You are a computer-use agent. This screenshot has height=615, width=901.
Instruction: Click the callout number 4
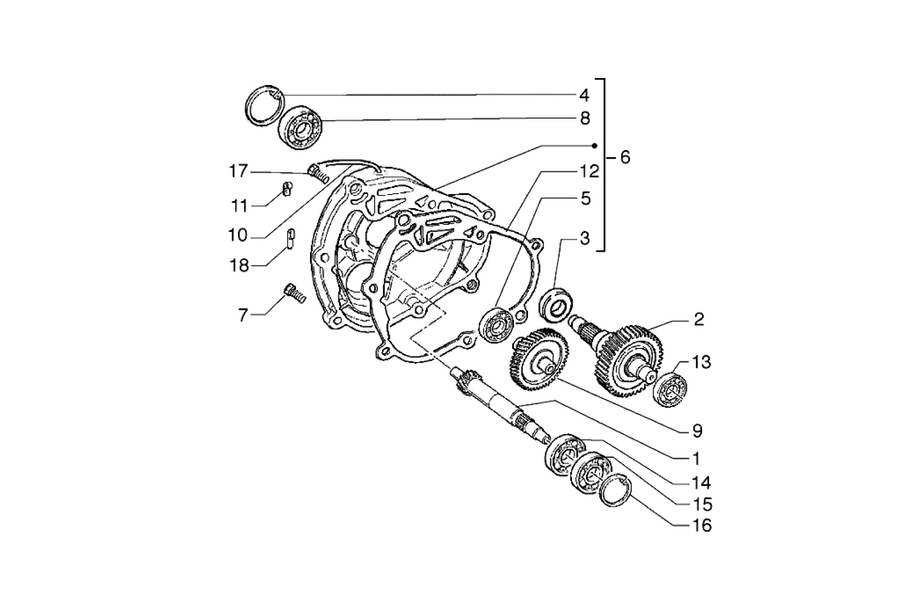pyautogui.click(x=584, y=96)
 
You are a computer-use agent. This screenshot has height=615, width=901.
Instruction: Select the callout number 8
pyautogui.click(x=585, y=119)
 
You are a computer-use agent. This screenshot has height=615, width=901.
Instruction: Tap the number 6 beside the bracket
pyautogui.click(x=625, y=157)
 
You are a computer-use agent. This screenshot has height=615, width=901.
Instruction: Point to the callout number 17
pyautogui.click(x=238, y=171)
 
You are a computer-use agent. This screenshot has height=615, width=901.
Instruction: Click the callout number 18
pyautogui.click(x=239, y=266)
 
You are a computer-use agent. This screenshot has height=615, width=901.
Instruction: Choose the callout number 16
pyautogui.click(x=702, y=526)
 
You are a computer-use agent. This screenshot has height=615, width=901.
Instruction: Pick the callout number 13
pyautogui.click(x=702, y=362)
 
